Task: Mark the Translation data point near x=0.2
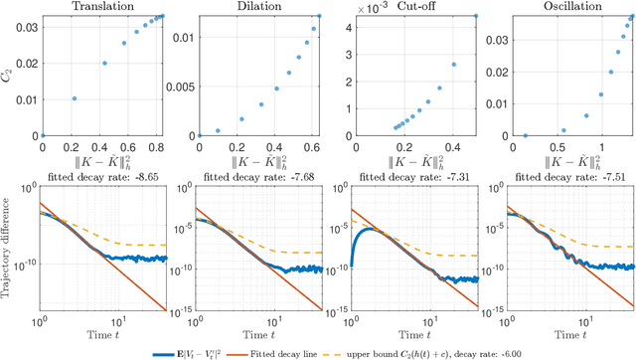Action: pos(73,98)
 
